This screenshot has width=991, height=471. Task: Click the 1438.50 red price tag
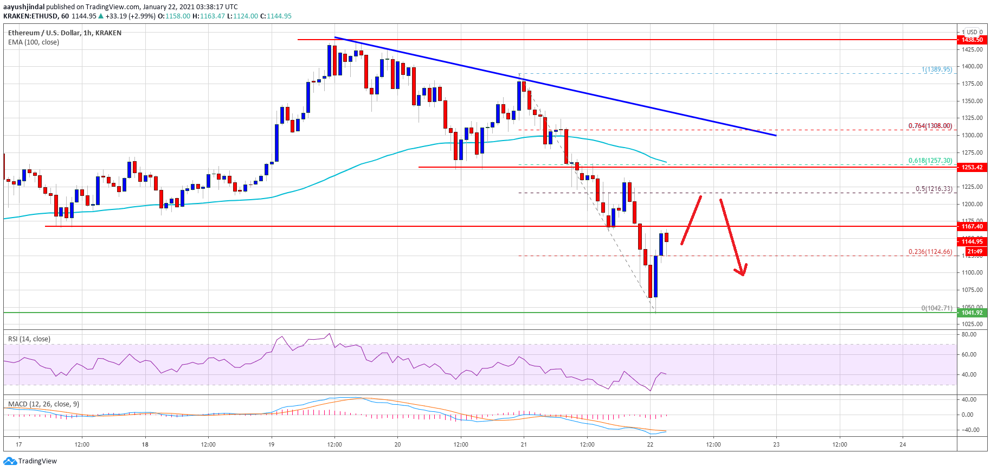[972, 40]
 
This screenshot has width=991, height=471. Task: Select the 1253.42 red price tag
[972, 167]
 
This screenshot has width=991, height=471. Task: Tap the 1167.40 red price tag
[972, 226]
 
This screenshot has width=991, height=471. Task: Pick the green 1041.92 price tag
[972, 313]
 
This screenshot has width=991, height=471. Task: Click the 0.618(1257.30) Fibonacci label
[930, 161]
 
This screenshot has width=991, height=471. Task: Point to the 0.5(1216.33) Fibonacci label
[934, 189]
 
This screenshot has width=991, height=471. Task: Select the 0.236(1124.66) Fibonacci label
[930, 252]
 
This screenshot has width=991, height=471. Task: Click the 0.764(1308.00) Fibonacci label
[930, 126]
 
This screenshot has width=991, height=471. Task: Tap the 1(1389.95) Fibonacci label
[936, 69]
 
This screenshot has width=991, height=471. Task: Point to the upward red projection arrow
[691, 220]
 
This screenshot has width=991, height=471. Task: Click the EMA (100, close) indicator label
[34, 42]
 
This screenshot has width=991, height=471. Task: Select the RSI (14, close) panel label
[29, 339]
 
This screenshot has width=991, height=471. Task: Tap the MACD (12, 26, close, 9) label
[43, 404]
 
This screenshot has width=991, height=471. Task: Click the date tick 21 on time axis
[524, 444]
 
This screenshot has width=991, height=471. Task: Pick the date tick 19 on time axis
[271, 444]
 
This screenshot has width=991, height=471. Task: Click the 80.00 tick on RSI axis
[969, 335]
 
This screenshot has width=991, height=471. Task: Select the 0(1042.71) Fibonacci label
[936, 308]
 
